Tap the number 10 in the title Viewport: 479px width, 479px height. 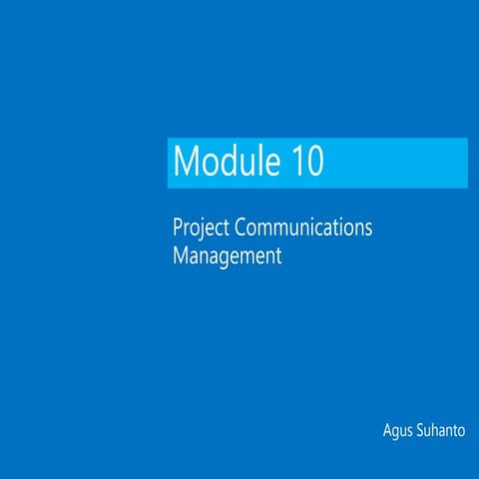pos(308,161)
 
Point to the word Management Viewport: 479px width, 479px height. pos(228,255)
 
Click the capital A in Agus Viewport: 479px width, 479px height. pos(387,431)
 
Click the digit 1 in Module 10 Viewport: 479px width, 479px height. pos(298,161)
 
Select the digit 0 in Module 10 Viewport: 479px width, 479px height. pos(315,161)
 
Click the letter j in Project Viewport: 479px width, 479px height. pos(201,229)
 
